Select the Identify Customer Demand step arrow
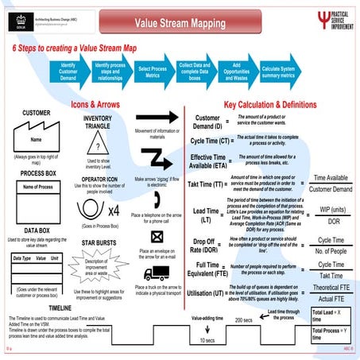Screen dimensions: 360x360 click(68, 70)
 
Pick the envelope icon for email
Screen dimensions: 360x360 click(157, 236)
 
